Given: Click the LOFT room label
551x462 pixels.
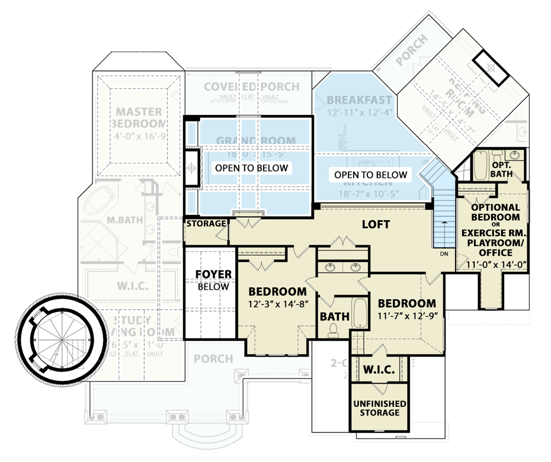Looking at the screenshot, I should tap(376, 224).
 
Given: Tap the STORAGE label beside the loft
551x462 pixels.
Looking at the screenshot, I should tap(206, 224).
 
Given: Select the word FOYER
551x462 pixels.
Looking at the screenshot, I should tap(213, 275).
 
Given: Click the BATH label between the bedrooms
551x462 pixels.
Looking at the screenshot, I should tap(334, 317).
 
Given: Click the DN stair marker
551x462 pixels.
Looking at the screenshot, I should tap(444, 254).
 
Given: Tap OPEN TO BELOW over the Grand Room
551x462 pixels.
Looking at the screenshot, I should tap(252, 168).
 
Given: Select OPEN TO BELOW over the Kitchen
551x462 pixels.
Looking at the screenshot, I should tap(371, 175).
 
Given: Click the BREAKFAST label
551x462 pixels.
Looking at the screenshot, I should tap(360, 100).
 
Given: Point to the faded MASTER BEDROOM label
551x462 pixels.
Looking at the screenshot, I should tap(139, 117).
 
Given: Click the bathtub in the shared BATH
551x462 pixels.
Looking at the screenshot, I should tap(360, 313).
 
